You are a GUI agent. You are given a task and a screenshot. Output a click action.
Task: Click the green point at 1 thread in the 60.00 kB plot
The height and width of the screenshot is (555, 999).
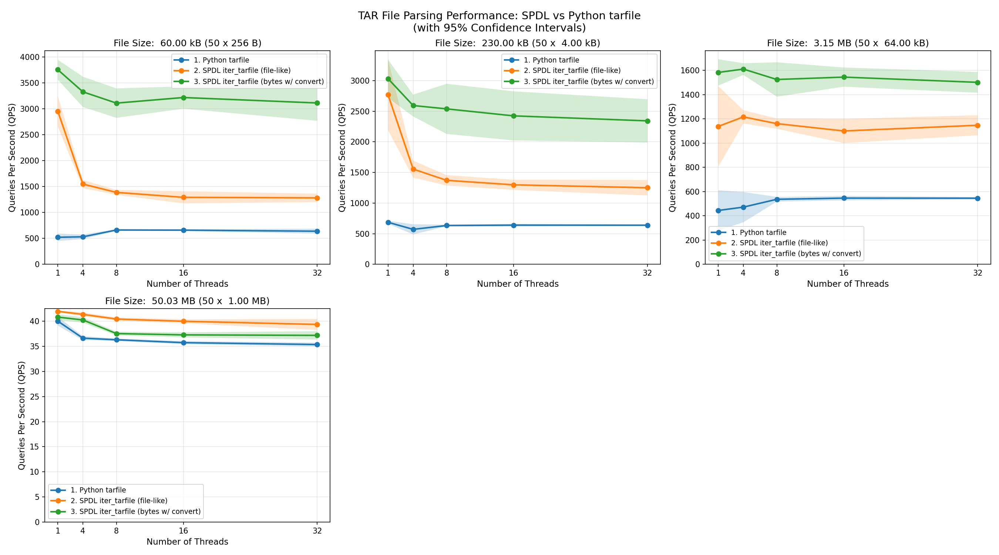click(58, 70)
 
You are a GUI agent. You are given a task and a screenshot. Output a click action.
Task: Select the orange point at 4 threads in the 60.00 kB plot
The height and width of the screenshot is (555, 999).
click(83, 184)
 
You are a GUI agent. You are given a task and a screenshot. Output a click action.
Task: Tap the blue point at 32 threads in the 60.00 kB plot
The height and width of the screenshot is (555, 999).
click(317, 231)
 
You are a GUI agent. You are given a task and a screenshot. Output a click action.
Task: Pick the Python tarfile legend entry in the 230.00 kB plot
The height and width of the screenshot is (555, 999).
click(551, 60)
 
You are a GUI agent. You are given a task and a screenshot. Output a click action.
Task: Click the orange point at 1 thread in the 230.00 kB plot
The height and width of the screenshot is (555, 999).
click(388, 95)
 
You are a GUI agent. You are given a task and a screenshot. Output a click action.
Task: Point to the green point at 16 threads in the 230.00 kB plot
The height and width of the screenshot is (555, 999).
click(514, 116)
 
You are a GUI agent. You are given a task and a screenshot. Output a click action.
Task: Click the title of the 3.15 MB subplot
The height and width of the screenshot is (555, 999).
click(847, 43)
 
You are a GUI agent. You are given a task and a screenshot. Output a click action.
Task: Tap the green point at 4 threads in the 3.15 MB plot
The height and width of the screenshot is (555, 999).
click(743, 70)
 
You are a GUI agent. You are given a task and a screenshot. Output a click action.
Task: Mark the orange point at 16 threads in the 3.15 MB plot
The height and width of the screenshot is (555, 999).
click(844, 131)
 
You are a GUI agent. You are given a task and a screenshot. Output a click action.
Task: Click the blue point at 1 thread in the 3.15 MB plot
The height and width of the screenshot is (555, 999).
click(718, 211)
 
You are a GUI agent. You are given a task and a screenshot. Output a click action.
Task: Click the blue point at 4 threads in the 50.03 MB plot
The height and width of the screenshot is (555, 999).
click(83, 338)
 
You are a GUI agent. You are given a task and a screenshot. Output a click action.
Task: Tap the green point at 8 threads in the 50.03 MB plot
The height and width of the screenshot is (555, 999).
click(116, 333)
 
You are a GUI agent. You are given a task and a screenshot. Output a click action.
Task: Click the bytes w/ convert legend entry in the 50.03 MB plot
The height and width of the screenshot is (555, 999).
click(135, 511)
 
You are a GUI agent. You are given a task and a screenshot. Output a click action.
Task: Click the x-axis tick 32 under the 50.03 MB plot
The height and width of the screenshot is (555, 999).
click(317, 531)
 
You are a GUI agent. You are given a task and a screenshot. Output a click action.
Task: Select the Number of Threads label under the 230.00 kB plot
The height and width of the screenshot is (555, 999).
click(517, 284)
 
